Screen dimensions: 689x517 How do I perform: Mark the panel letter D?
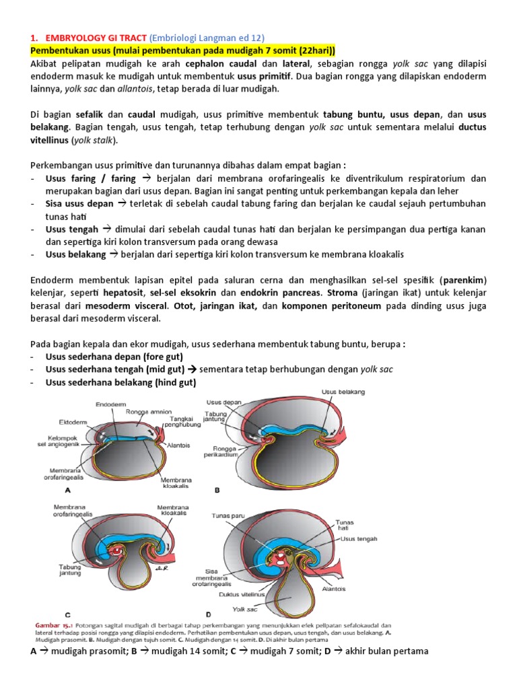tap(208, 614)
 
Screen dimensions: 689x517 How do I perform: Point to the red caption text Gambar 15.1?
tap(53, 625)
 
